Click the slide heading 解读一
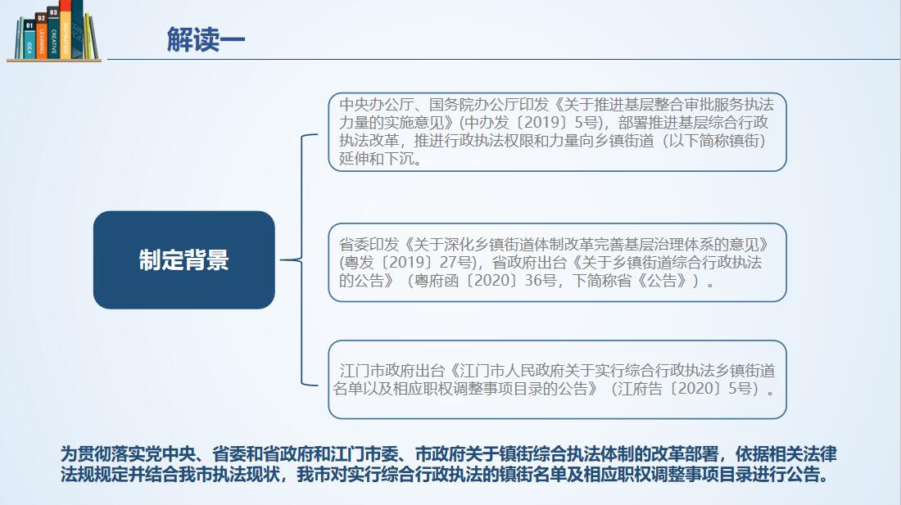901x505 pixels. (x=206, y=38)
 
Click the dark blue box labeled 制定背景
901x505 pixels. (x=183, y=260)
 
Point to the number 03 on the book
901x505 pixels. (x=53, y=13)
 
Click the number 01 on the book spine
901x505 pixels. (x=30, y=26)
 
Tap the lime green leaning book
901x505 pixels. (x=89, y=37)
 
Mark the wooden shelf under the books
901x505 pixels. (x=53, y=60)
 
